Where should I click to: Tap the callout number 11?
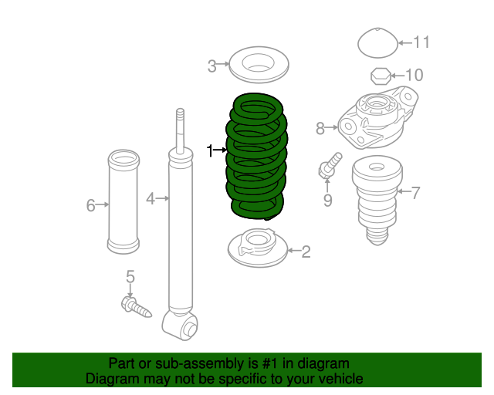pos(421,42)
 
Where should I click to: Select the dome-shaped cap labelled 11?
pos(377,43)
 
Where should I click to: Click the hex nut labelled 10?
pos(381,76)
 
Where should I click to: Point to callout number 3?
pos(212,66)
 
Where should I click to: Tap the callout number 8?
pos(320,129)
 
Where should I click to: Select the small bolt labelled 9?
pos(330,165)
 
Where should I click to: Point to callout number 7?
pos(415,192)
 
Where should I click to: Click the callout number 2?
pos(306,252)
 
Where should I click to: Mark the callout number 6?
pos(91,205)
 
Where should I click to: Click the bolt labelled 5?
pos(136,307)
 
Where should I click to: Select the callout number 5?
pos(130,276)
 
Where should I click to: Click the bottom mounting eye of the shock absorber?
pos(180,325)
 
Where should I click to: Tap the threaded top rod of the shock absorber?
pos(180,131)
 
